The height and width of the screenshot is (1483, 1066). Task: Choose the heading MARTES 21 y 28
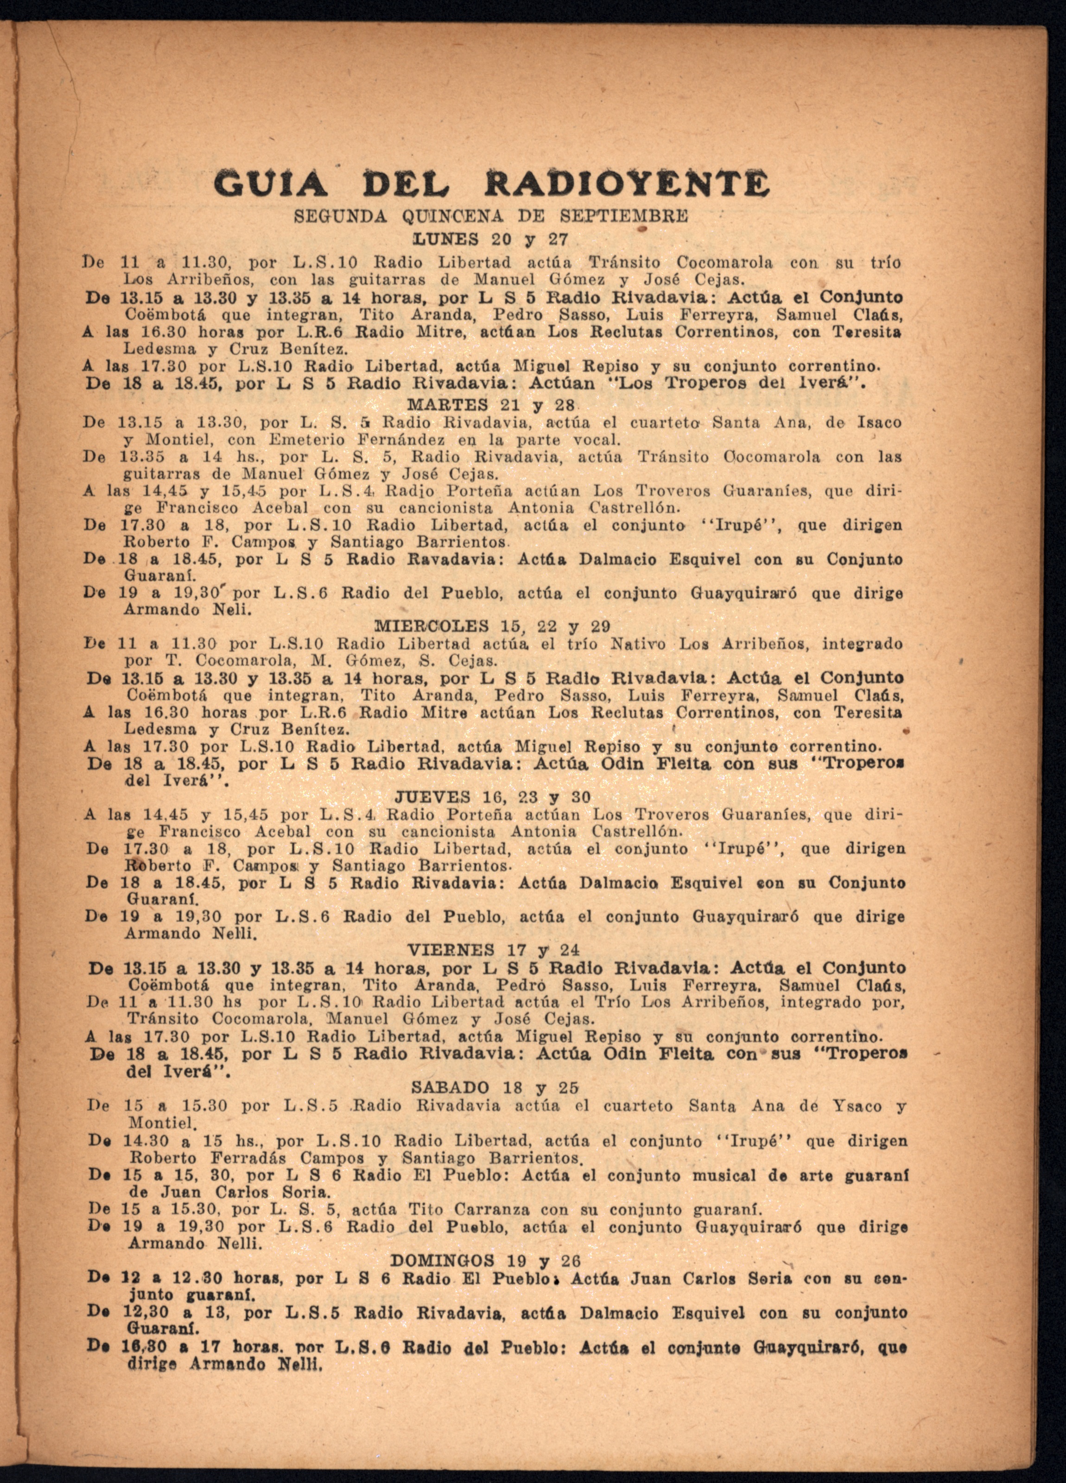(x=490, y=406)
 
